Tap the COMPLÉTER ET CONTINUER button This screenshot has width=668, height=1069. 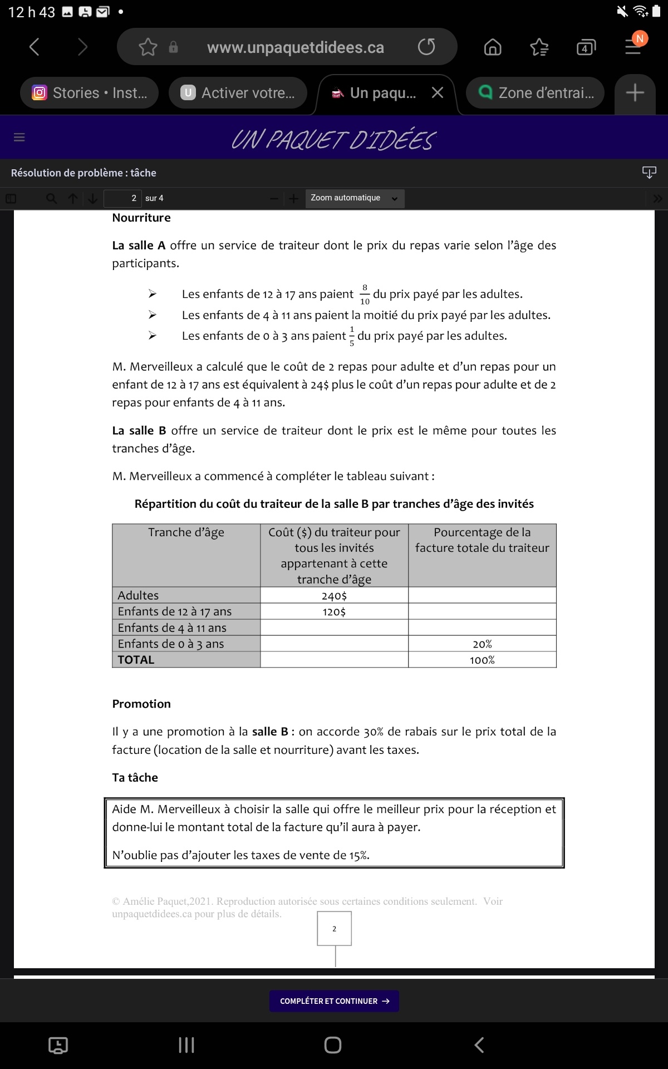pyautogui.click(x=334, y=1001)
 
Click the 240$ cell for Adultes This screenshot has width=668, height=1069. pyautogui.click(x=334, y=596)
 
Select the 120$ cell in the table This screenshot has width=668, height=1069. pyautogui.click(x=334, y=612)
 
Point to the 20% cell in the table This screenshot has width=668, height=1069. pyautogui.click(x=482, y=644)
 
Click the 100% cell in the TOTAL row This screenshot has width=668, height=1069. pyautogui.click(x=482, y=660)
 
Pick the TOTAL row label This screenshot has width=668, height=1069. pyautogui.click(x=136, y=660)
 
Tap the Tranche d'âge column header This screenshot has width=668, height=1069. pyautogui.click(x=186, y=533)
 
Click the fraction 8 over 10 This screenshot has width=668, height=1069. pyautogui.click(x=365, y=295)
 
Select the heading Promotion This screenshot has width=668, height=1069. pyautogui.click(x=141, y=704)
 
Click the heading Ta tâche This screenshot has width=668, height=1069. pyautogui.click(x=135, y=777)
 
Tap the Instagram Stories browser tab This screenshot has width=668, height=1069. pyautogui.click(x=90, y=93)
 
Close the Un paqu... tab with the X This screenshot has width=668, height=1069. pyautogui.click(x=438, y=93)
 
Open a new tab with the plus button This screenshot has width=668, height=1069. pyautogui.click(x=635, y=93)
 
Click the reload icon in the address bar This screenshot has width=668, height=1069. pyautogui.click(x=426, y=47)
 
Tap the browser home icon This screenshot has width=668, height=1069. pyautogui.click(x=493, y=47)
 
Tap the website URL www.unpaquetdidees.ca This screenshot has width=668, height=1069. pyautogui.click(x=296, y=48)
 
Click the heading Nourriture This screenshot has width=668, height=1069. pyautogui.click(x=141, y=218)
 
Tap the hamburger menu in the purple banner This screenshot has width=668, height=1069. pyautogui.click(x=19, y=137)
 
